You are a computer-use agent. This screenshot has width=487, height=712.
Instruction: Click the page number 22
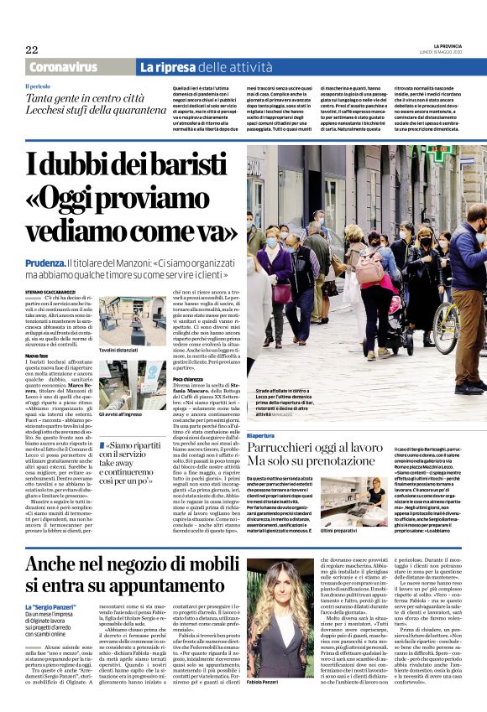pos(31,49)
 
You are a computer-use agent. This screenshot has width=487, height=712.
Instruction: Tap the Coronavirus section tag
pos(63,67)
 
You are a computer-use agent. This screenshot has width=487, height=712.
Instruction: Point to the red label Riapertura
pos(261,436)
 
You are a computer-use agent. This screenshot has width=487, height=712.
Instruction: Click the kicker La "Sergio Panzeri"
pos(51,605)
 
